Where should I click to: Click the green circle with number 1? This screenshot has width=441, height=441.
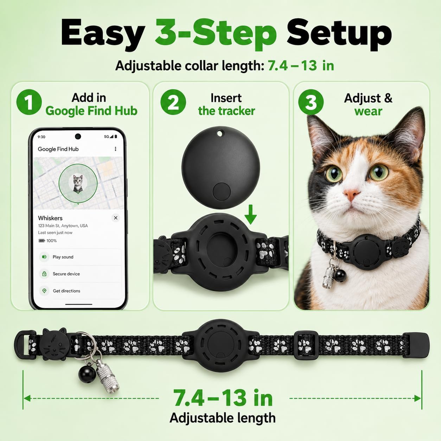click(29, 102)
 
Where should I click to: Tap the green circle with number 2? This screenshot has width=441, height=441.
click(173, 102)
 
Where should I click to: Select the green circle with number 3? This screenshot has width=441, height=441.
click(311, 102)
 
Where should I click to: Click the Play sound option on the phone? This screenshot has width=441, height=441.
click(63, 257)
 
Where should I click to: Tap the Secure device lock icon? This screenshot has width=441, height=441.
click(44, 274)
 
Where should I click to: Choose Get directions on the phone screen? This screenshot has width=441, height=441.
click(66, 291)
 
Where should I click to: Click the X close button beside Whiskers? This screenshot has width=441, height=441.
click(116, 218)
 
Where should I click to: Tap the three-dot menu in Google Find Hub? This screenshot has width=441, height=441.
click(115, 149)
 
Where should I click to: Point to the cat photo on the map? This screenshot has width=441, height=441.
click(78, 183)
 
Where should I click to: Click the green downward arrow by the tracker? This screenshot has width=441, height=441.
click(251, 215)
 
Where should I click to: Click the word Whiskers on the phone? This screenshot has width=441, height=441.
click(50, 218)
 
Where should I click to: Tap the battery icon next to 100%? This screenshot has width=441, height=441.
click(41, 241)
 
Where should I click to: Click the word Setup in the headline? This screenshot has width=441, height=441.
click(339, 34)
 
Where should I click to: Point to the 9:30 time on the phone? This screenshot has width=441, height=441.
click(41, 137)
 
